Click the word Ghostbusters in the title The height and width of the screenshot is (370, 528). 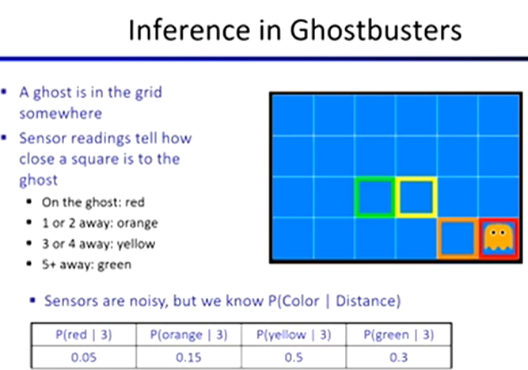click(375, 30)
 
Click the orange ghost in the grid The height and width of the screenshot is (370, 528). click(499, 237)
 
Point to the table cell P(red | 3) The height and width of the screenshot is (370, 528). click(84, 334)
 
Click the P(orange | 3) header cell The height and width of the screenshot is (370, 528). click(189, 334)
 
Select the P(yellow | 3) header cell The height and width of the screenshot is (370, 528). click(294, 334)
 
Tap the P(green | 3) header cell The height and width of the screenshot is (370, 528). click(399, 334)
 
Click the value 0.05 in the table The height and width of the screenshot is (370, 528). click(84, 357)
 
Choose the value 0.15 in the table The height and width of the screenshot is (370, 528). click(188, 357)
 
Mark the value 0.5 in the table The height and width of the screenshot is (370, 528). click(294, 357)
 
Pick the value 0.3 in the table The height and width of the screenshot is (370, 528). click(399, 357)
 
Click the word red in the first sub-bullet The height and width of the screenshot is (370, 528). click(135, 202)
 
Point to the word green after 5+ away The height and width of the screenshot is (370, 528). click(114, 265)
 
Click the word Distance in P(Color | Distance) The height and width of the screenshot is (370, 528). click(368, 301)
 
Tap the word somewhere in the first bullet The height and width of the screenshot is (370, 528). click(61, 113)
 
